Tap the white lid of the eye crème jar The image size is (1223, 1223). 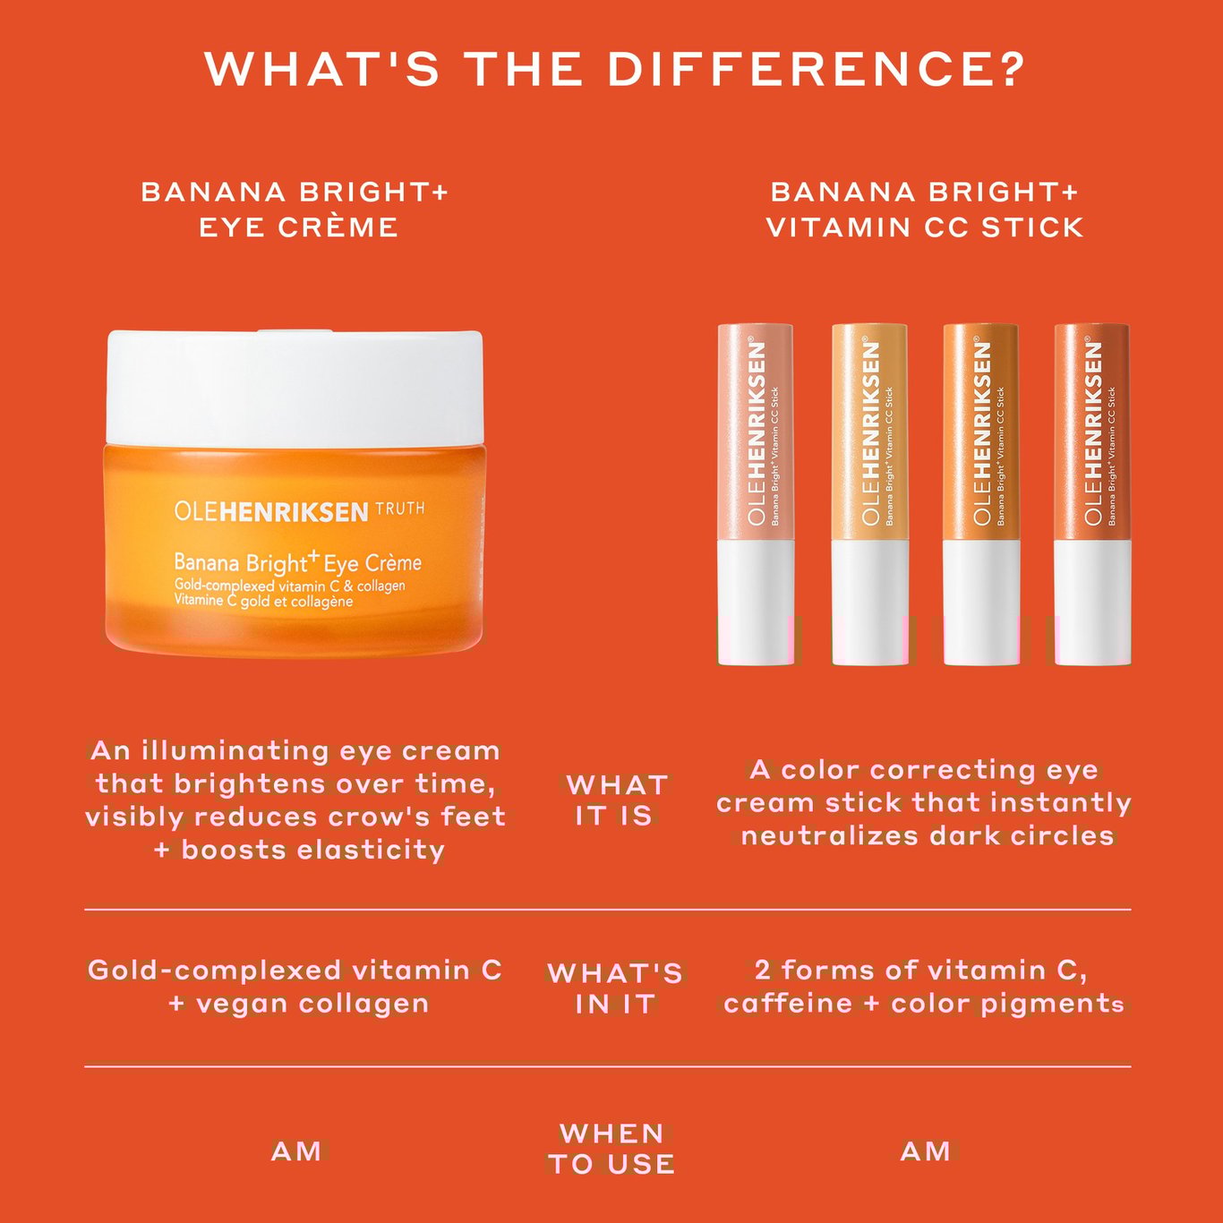pos(295,388)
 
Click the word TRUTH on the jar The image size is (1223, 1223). pos(400,509)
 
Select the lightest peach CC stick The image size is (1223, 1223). pos(756,494)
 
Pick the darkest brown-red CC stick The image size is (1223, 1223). pos(1092,494)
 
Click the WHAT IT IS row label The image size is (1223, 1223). pos(615,801)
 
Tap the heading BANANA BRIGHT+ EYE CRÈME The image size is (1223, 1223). pos(295,210)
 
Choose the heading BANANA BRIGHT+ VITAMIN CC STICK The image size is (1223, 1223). pos(925,210)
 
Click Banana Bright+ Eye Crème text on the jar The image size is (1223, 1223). pos(297,562)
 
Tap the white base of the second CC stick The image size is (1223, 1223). pos(869,602)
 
